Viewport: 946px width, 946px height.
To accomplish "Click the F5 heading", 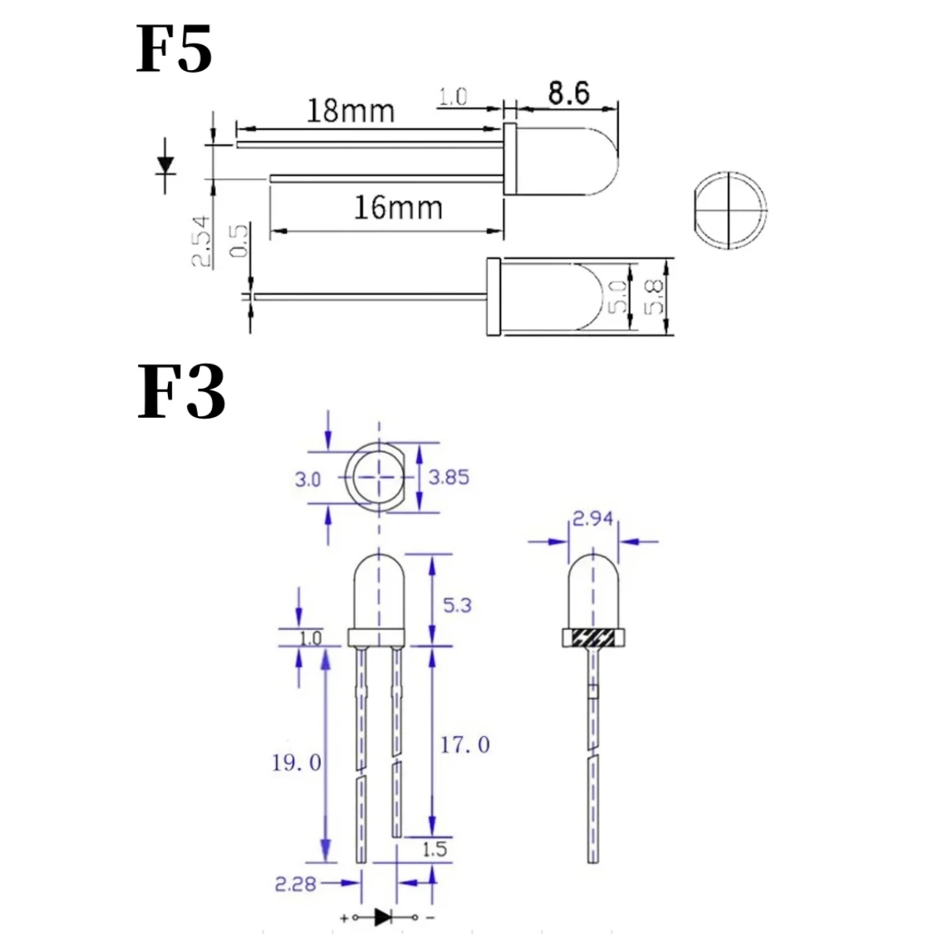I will point(174,50).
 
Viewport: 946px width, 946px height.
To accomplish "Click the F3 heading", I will point(181,392).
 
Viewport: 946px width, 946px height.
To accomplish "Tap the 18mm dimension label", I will point(350,110).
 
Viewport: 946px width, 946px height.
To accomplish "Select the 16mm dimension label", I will point(397,207).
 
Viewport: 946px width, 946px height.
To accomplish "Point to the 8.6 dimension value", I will point(568,93).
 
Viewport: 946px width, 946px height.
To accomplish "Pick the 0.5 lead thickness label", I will point(239,240).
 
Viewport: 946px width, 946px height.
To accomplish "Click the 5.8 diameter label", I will point(655,296).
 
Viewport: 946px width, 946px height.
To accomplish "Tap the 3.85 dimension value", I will point(449,477).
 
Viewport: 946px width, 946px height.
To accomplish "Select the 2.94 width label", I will point(592,519).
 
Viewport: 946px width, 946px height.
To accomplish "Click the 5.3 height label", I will point(456,605).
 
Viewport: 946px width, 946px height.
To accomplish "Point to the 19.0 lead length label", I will point(296,762).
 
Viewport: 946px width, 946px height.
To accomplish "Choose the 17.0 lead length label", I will point(464,744).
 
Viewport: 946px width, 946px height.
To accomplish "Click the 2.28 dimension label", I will point(295,884).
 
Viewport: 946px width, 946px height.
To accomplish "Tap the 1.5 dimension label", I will point(434,849).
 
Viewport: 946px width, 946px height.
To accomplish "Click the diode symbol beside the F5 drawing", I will point(166,165).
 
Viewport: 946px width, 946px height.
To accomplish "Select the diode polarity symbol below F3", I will point(385,917).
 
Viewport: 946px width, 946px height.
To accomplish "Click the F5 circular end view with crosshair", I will point(731,210).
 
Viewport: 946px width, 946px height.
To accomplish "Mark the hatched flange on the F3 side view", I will point(593,638).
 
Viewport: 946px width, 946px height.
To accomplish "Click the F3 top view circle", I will point(382,477).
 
